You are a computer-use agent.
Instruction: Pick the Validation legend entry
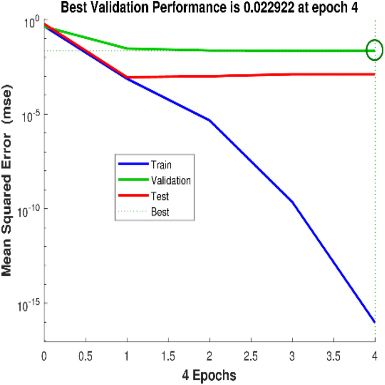tap(170, 180)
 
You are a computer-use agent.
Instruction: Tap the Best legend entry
tap(160, 212)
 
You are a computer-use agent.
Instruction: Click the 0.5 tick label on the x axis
tap(86, 351)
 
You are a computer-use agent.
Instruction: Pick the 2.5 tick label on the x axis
tap(251, 351)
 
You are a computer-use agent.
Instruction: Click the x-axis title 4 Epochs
tap(209, 372)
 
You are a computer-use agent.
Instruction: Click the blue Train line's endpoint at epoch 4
tap(374, 322)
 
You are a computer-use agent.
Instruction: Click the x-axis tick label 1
tap(127, 351)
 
